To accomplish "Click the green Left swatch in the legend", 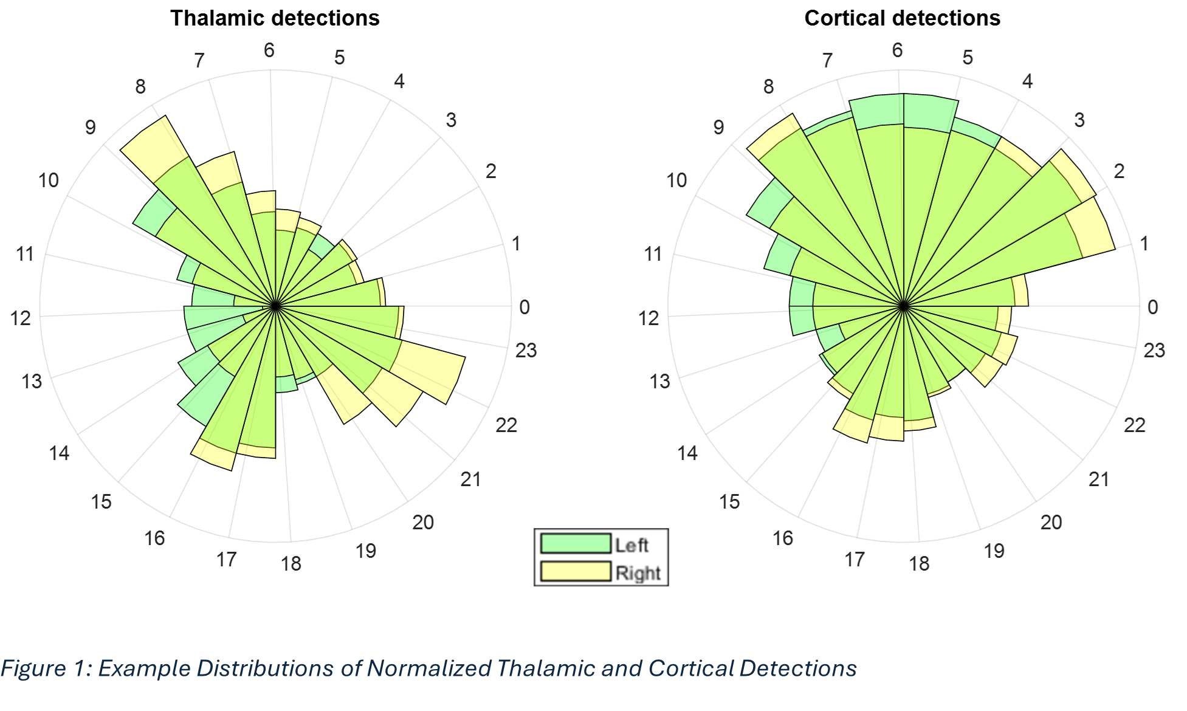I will point(576,544).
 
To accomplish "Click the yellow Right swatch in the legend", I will point(576,572).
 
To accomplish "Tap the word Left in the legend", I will point(631,545).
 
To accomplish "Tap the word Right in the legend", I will point(638,573).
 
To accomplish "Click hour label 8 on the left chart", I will point(140,87).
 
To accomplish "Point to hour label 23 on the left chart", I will point(526,350).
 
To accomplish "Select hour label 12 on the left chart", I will point(21,318).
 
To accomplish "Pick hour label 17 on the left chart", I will point(226,559).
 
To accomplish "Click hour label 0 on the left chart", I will point(525,307).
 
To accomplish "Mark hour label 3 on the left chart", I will point(450,120).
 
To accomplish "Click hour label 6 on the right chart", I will point(897,50).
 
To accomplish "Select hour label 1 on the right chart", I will point(1144,244).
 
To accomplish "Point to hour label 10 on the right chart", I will point(676,180).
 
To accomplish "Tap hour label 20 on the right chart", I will point(1051,522).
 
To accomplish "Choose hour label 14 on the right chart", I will point(687,453).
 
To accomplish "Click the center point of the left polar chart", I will point(275,306).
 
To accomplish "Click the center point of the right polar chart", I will point(904,306).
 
